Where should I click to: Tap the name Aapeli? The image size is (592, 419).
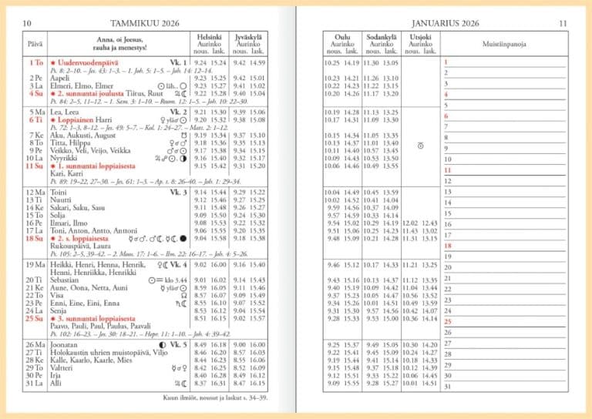(x=59, y=78)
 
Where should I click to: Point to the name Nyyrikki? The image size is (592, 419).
(x=62, y=158)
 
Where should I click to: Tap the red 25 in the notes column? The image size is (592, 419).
(x=446, y=322)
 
